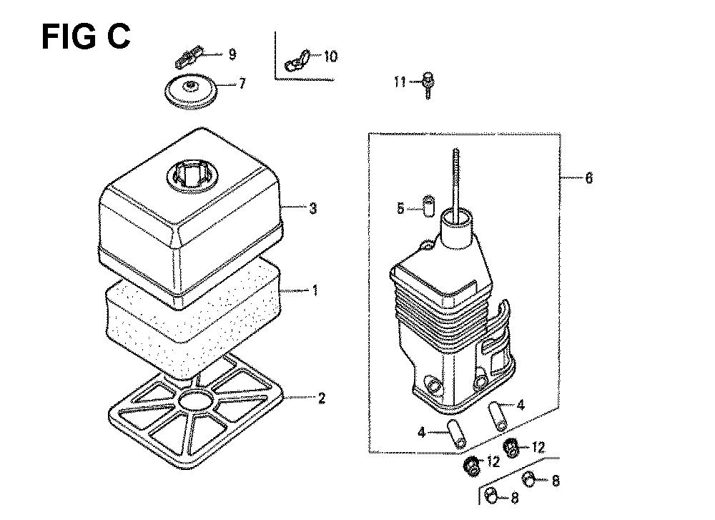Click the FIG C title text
pyautogui.click(x=86, y=36)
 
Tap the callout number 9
pyautogui.click(x=232, y=55)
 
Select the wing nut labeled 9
pyautogui.click(x=187, y=55)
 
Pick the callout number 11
pyautogui.click(x=400, y=82)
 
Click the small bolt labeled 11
pyautogui.click(x=428, y=85)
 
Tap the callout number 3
pyautogui.click(x=313, y=209)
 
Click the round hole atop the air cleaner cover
pyautogui.click(x=192, y=177)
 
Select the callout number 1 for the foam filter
pyautogui.click(x=315, y=290)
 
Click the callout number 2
pyautogui.click(x=322, y=398)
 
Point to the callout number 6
pyautogui.click(x=588, y=178)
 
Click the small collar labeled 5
pyautogui.click(x=428, y=206)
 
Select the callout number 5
pyautogui.click(x=400, y=209)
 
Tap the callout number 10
pyautogui.click(x=331, y=57)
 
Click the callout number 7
pyautogui.click(x=242, y=84)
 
